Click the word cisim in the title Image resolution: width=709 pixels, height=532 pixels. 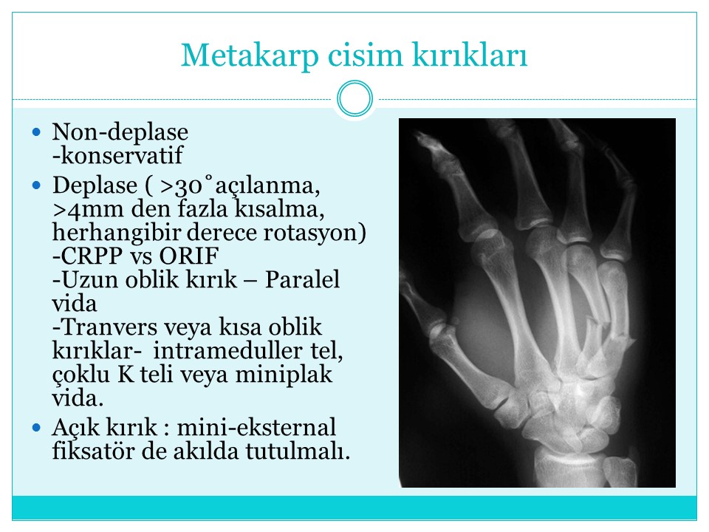click(x=365, y=55)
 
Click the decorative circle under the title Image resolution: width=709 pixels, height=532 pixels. click(x=355, y=98)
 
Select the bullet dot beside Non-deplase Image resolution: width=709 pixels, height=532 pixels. click(x=37, y=132)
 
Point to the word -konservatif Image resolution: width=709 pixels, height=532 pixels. click(x=117, y=155)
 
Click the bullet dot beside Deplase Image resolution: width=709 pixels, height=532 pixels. click(x=37, y=185)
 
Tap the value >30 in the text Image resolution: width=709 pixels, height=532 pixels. click(x=181, y=186)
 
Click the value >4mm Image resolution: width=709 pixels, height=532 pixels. click(x=88, y=209)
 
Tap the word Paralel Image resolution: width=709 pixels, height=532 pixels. click(x=302, y=279)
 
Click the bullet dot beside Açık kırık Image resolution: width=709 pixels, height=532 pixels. click(x=37, y=428)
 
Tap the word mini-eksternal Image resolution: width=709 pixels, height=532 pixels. click(x=256, y=428)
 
